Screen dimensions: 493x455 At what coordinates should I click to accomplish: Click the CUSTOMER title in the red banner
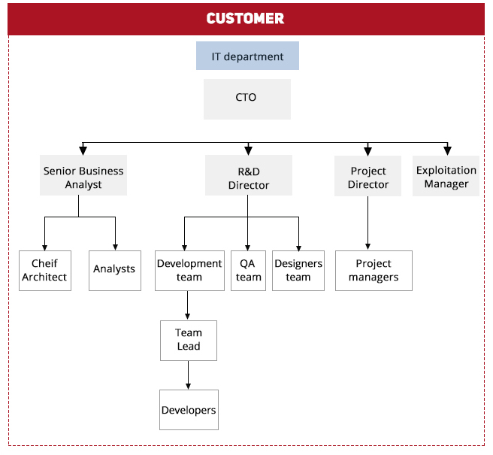pyautogui.click(x=245, y=18)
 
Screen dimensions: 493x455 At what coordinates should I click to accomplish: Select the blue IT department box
pyautogui.click(x=247, y=56)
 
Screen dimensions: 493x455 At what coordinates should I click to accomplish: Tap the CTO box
pyautogui.click(x=247, y=99)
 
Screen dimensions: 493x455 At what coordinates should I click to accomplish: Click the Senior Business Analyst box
pyautogui.click(x=83, y=175)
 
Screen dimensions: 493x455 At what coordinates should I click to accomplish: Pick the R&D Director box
pyautogui.click(x=249, y=175)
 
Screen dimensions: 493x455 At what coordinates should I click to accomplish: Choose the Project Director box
pyautogui.click(x=367, y=176)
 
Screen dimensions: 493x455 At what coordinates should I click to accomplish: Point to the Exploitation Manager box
pyautogui.click(x=446, y=176)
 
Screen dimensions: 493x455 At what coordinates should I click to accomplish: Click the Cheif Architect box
pyautogui.click(x=45, y=271)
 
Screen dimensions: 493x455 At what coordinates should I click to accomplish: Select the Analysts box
pyautogui.click(x=115, y=271)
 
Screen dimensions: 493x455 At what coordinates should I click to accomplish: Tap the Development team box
pyautogui.click(x=189, y=271)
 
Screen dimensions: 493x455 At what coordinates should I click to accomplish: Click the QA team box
pyautogui.click(x=249, y=271)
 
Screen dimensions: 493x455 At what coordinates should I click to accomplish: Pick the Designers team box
pyautogui.click(x=298, y=271)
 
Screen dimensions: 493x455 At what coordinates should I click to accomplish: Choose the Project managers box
pyautogui.click(x=374, y=271)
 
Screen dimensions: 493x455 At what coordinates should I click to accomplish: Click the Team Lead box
pyautogui.click(x=189, y=341)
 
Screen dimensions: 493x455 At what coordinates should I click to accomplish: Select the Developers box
pyautogui.click(x=189, y=410)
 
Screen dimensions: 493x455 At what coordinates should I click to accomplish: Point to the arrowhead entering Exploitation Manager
pyautogui.click(x=447, y=150)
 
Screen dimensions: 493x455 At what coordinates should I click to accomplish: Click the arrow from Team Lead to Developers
pyautogui.click(x=189, y=375)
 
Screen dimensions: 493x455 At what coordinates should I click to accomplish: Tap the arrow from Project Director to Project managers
pyautogui.click(x=367, y=223)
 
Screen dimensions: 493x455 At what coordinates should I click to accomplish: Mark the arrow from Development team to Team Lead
pyautogui.click(x=187, y=305)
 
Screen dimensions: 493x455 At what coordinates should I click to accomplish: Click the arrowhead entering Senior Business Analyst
pyautogui.click(x=83, y=150)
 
